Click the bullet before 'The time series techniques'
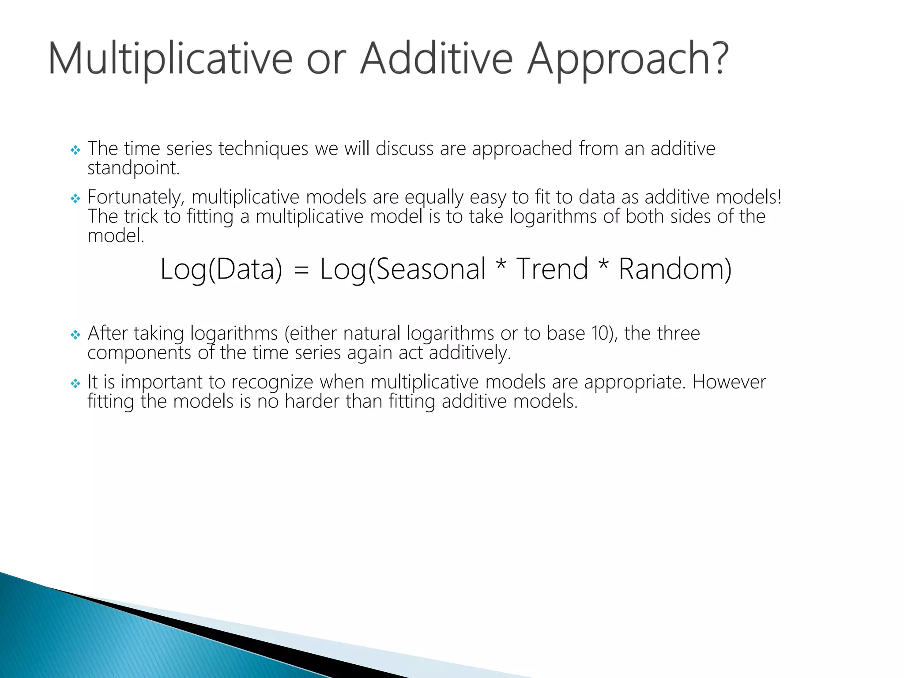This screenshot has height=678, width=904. point(75,151)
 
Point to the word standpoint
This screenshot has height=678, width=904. point(133,169)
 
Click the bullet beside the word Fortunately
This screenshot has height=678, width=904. point(75,199)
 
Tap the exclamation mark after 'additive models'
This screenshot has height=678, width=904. point(779,196)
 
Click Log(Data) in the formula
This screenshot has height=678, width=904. point(221,269)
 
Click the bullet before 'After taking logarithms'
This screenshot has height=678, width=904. point(75,335)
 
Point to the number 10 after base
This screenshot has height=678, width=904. point(600,334)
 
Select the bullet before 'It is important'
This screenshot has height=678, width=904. point(75,384)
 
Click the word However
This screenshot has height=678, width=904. point(729,382)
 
